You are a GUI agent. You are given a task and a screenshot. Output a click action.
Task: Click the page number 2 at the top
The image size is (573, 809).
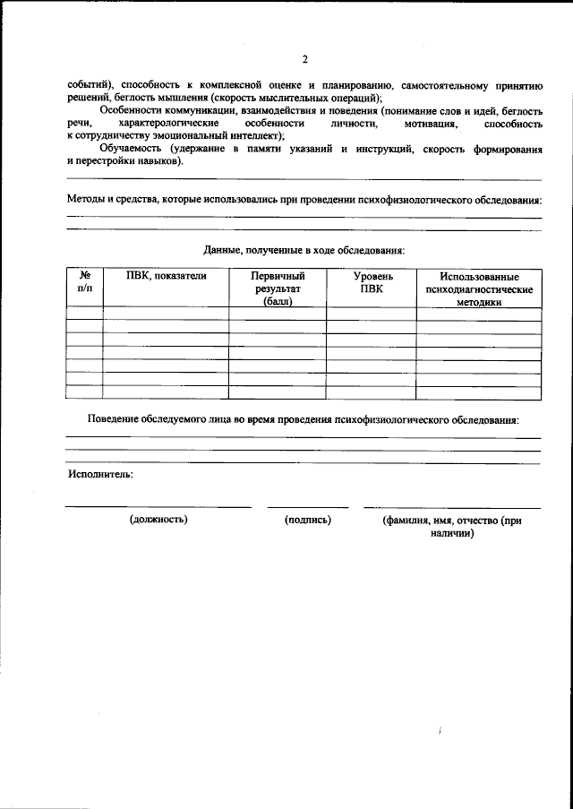(304, 60)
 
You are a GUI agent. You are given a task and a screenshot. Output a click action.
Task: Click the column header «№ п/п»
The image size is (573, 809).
(85, 283)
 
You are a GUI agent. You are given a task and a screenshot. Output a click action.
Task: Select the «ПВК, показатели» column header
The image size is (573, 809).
(166, 277)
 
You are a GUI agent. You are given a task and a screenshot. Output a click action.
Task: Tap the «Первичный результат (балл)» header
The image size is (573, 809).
(277, 289)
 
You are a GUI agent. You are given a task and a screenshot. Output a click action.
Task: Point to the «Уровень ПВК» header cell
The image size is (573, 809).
(371, 283)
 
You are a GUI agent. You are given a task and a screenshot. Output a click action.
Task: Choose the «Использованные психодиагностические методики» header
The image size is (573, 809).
(478, 289)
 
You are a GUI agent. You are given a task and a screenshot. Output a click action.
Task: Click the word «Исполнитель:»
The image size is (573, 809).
(99, 475)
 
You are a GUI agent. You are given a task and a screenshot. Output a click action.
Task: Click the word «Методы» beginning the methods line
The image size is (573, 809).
(86, 199)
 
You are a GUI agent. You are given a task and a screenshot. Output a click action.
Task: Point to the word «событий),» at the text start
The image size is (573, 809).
(91, 85)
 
